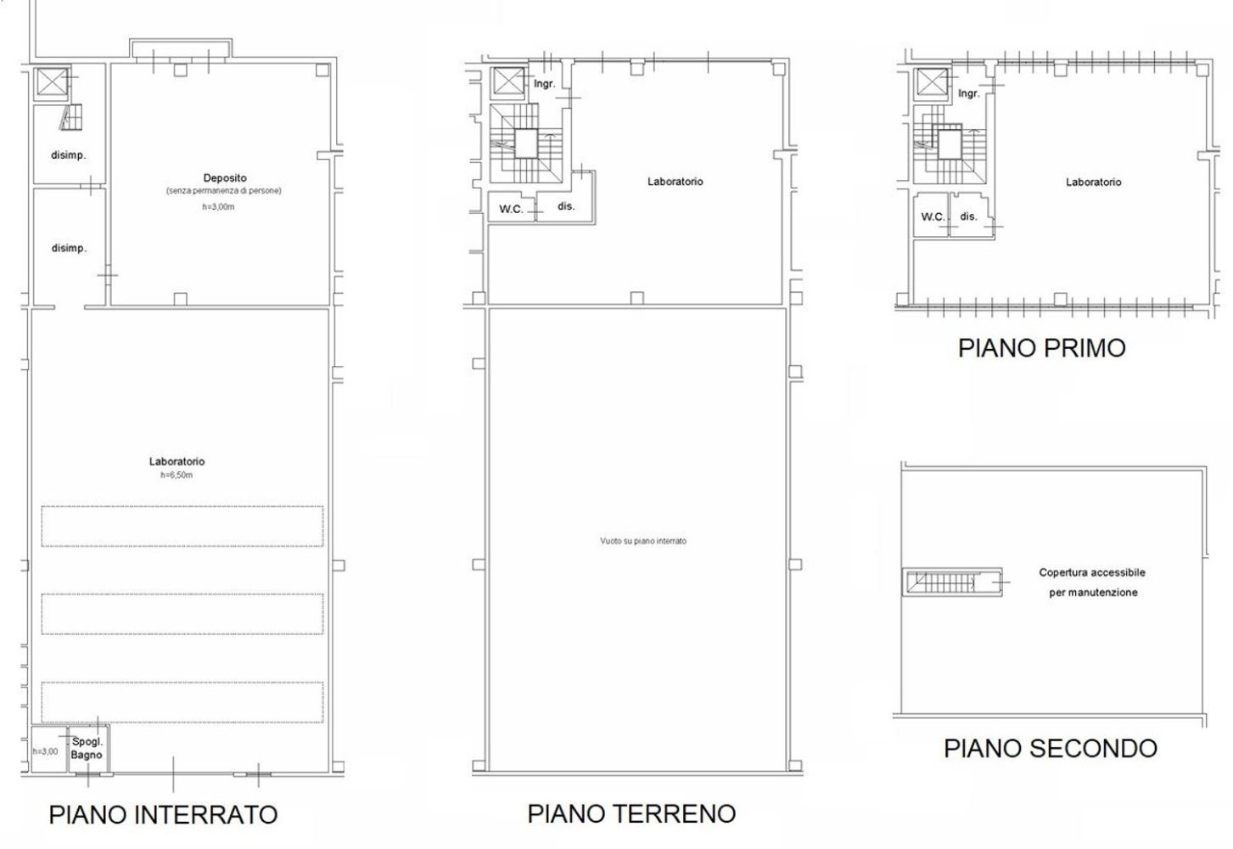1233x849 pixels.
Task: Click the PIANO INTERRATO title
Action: click(163, 814)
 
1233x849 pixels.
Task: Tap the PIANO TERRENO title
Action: click(631, 812)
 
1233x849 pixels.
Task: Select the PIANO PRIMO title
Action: click(1041, 347)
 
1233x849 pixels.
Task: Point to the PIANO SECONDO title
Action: click(1051, 748)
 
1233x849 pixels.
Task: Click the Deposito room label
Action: click(225, 178)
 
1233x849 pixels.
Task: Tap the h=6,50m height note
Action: click(177, 475)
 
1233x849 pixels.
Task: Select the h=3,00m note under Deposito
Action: click(218, 207)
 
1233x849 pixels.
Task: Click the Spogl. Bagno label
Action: click(87, 748)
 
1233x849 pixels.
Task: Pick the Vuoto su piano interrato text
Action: click(642, 541)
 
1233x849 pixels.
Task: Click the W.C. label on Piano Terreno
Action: click(510, 209)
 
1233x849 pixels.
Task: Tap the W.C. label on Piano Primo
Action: click(933, 217)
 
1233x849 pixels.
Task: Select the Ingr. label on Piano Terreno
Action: click(544, 84)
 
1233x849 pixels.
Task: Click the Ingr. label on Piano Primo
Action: click(968, 93)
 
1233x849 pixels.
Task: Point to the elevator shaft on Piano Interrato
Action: click(49, 83)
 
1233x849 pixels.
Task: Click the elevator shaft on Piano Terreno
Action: click(509, 83)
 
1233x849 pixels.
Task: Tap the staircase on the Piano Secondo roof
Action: click(951, 582)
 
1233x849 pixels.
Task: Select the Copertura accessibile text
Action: click(1092, 572)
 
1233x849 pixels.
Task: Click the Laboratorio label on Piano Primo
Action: click(1093, 182)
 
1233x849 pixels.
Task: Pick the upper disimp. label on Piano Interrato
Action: click(69, 155)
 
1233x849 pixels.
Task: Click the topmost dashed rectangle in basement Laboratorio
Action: click(182, 526)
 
